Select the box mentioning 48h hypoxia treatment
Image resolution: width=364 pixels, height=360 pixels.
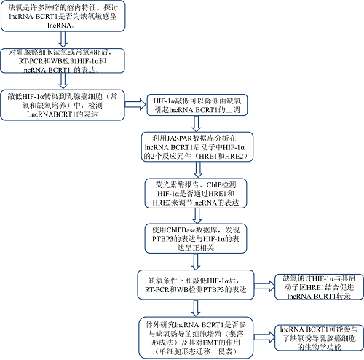click(56, 63)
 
